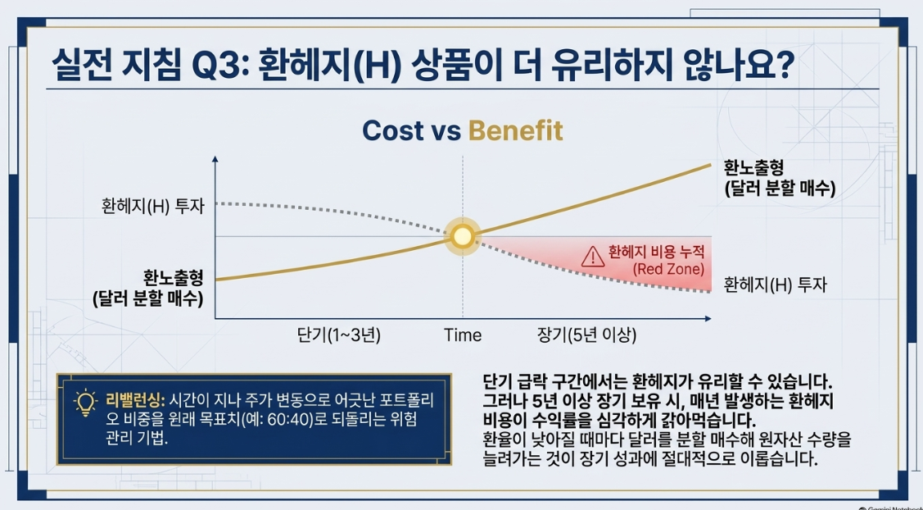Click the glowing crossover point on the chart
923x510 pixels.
[x=462, y=236]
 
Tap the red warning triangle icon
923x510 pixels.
[x=592, y=257]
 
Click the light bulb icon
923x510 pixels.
[x=85, y=403]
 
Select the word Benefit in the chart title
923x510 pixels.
[x=516, y=130]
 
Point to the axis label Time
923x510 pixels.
[x=463, y=335]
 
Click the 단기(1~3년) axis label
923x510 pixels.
[x=338, y=335]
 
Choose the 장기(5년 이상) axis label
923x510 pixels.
[x=586, y=335]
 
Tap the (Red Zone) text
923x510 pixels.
[x=668, y=270]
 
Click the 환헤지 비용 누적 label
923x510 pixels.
[x=656, y=253]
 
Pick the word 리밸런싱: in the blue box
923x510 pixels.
[x=135, y=400]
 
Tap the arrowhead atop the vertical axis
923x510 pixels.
[x=215, y=159]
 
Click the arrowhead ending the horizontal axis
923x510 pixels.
[x=708, y=318]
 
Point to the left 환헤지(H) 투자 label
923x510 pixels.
[x=153, y=206]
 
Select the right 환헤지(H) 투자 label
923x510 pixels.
[x=776, y=285]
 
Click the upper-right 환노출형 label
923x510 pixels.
[x=753, y=169]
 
